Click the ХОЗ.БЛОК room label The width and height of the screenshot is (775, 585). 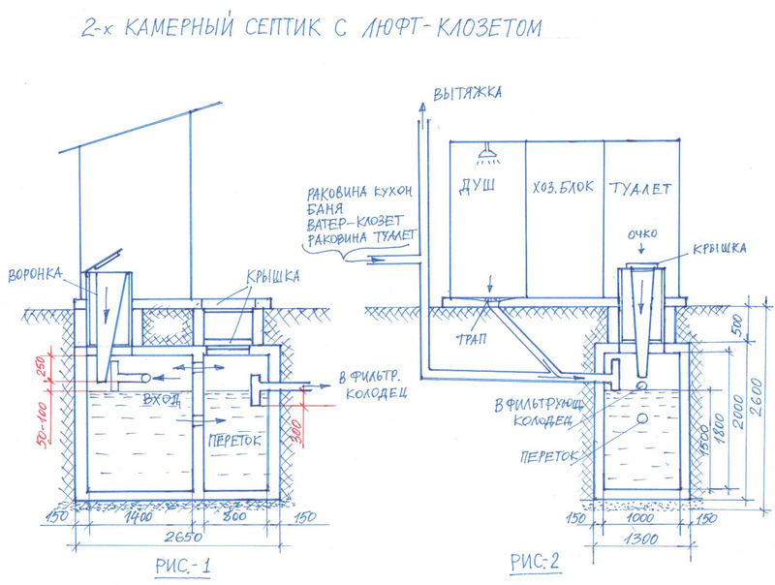coord(561,188)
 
